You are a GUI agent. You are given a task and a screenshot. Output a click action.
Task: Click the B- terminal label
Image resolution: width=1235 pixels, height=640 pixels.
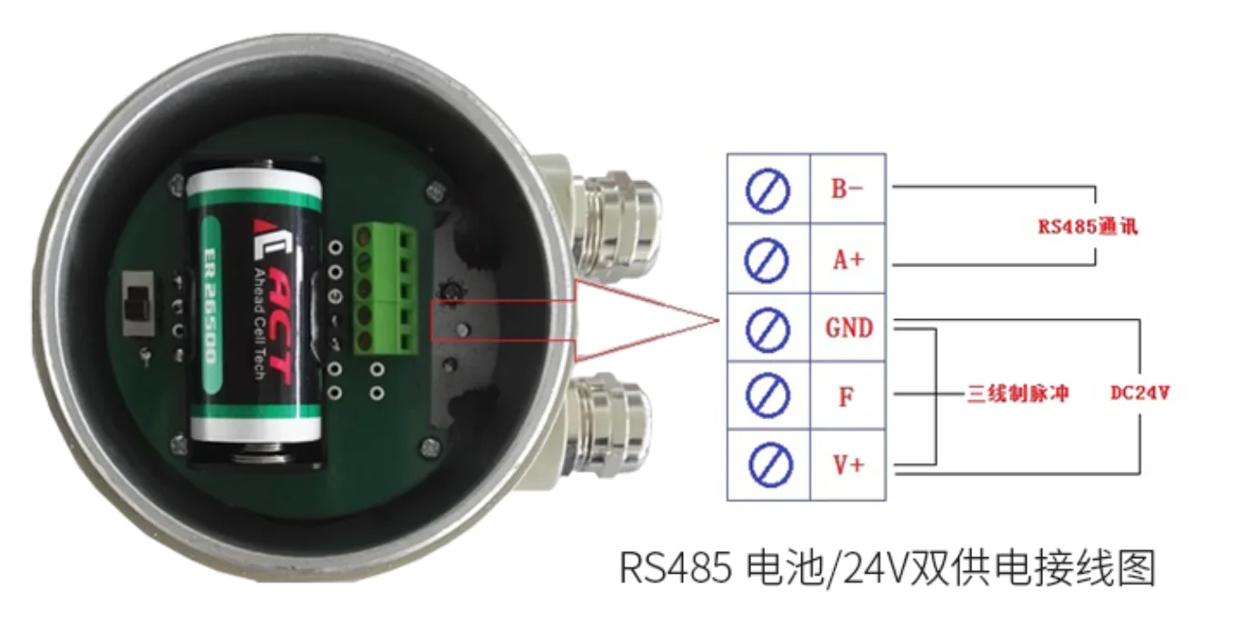[x=847, y=189]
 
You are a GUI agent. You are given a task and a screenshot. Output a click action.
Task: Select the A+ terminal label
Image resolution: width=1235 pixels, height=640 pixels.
[x=847, y=259]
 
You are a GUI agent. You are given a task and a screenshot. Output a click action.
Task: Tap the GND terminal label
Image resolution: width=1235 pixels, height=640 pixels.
[x=848, y=327]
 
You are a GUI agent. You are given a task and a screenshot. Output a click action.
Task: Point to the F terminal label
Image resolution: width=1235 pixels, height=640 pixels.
[x=846, y=397]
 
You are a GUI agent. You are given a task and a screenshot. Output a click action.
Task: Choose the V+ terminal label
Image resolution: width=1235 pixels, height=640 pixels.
[x=848, y=465]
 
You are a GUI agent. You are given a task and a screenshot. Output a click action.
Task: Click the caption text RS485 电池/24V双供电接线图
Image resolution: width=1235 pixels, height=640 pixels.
[x=887, y=570]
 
